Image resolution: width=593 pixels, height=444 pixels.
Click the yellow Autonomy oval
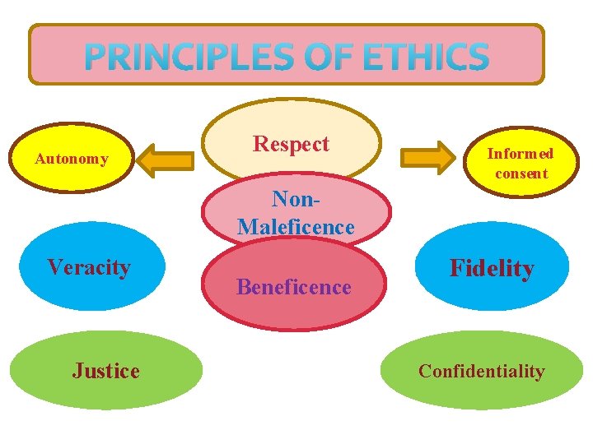pyautogui.click(x=72, y=158)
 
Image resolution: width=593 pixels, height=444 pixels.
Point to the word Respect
pyautogui.click(x=291, y=144)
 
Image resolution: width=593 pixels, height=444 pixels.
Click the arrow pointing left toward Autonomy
pyautogui.click(x=169, y=159)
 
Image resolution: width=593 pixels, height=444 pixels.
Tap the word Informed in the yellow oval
pyautogui.click(x=521, y=153)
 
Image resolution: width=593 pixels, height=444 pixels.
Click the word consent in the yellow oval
pyautogui.click(x=521, y=173)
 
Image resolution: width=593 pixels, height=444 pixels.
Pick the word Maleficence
pyautogui.click(x=296, y=226)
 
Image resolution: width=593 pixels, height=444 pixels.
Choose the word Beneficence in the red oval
pyautogui.click(x=294, y=287)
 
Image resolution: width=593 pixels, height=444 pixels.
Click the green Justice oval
pyautogui.click(x=105, y=370)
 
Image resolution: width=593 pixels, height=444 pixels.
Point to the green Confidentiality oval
pyautogui.click(x=481, y=370)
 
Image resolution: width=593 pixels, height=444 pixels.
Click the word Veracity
pyautogui.click(x=89, y=267)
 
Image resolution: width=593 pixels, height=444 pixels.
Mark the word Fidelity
pyautogui.click(x=492, y=268)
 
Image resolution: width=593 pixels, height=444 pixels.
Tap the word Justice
pyautogui.click(x=106, y=371)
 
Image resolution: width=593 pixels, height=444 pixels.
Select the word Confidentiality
pyautogui.click(x=482, y=371)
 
